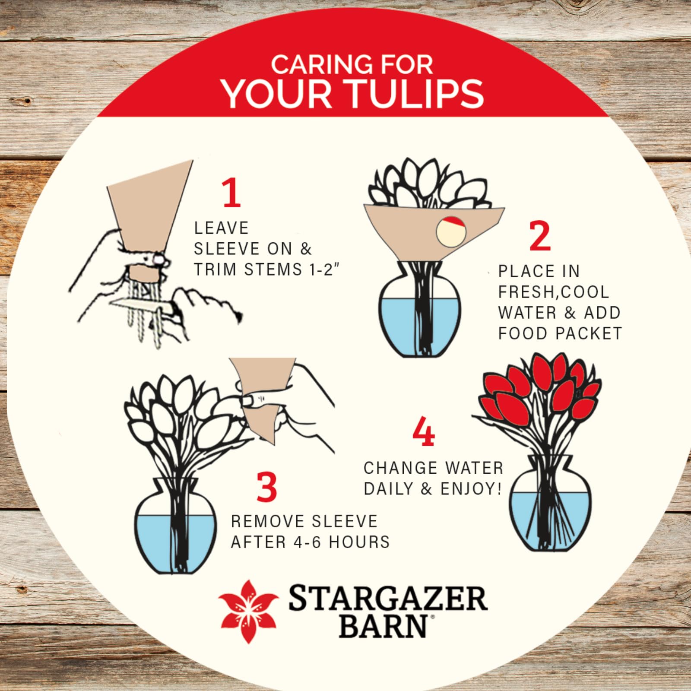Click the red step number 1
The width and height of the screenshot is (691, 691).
(x=231, y=193)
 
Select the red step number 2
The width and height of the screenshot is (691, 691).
(x=540, y=236)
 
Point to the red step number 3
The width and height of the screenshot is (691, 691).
(x=266, y=487)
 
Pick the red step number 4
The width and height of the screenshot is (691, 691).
(x=423, y=431)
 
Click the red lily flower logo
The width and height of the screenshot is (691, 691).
(x=248, y=611)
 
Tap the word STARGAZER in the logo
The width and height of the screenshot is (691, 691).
(x=388, y=598)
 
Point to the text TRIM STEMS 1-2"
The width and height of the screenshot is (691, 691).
(x=266, y=269)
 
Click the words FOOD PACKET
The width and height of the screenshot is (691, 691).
(x=560, y=333)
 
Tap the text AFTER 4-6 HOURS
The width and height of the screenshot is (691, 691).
(x=310, y=542)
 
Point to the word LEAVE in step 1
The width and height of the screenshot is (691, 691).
(x=221, y=228)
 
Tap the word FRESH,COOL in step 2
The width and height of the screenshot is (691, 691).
(x=553, y=292)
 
